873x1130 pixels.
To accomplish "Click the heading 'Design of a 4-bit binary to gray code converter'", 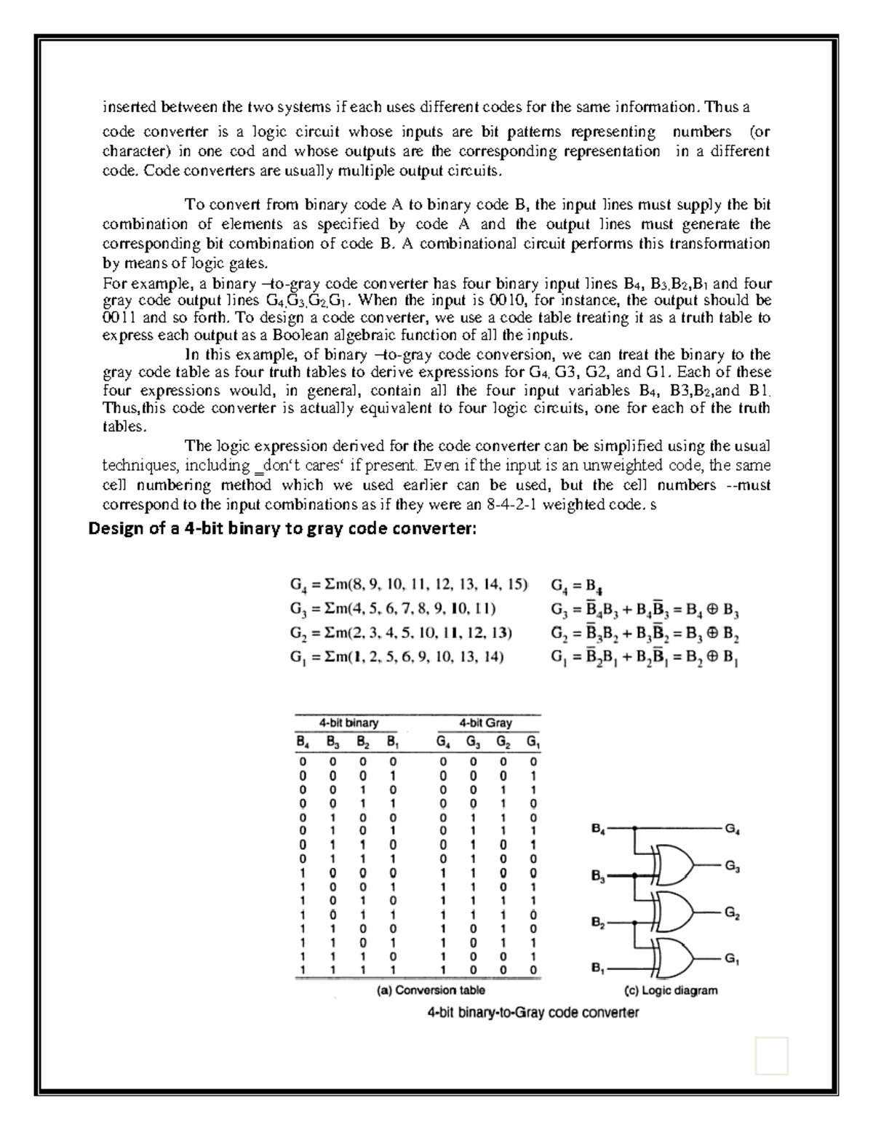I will (x=282, y=528).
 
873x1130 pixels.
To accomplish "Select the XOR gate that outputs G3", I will (x=674, y=864).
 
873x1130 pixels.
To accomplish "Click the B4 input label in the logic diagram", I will (x=598, y=828).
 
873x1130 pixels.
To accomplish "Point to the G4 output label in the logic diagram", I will (x=733, y=828).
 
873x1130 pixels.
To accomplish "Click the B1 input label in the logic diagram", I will (x=598, y=968).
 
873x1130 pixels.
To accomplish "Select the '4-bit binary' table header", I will (x=348, y=723).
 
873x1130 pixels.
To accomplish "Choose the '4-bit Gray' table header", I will (x=486, y=723).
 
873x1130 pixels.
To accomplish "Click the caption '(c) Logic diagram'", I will (x=671, y=990).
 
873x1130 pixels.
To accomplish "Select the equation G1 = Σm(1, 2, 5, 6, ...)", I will (x=396, y=658).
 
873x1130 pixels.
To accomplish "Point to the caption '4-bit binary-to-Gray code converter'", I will (x=533, y=1012).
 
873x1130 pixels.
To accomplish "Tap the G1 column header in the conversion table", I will (x=533, y=743).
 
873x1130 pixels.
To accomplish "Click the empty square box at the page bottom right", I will (x=771, y=1056).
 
